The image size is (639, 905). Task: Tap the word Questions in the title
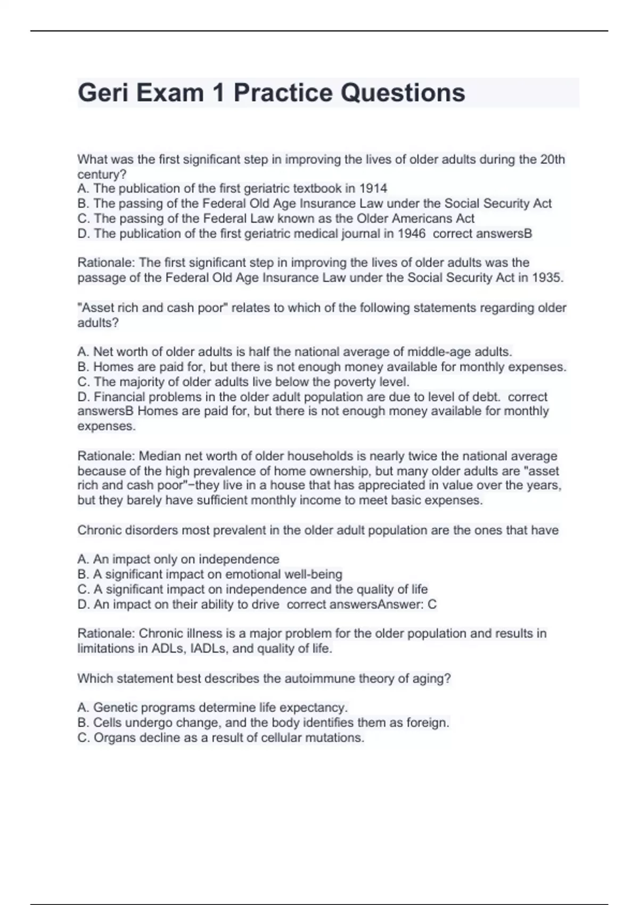pyautogui.click(x=403, y=93)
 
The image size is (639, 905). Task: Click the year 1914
pyautogui.click(x=373, y=188)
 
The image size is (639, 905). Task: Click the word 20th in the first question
pyautogui.click(x=553, y=159)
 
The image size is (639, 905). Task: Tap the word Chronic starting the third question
pyautogui.click(x=98, y=530)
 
